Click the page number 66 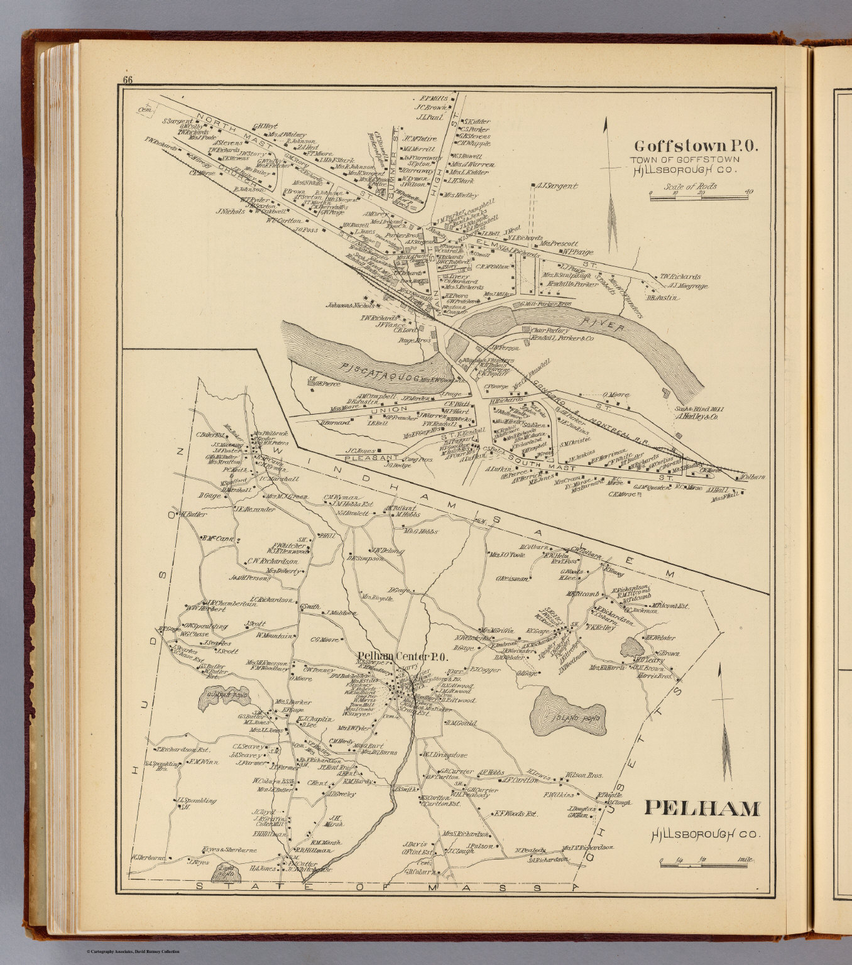pos(128,80)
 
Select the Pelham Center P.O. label pos(402,657)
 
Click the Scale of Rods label pos(691,187)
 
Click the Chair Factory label pos(550,330)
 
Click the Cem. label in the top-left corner pos(146,111)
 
